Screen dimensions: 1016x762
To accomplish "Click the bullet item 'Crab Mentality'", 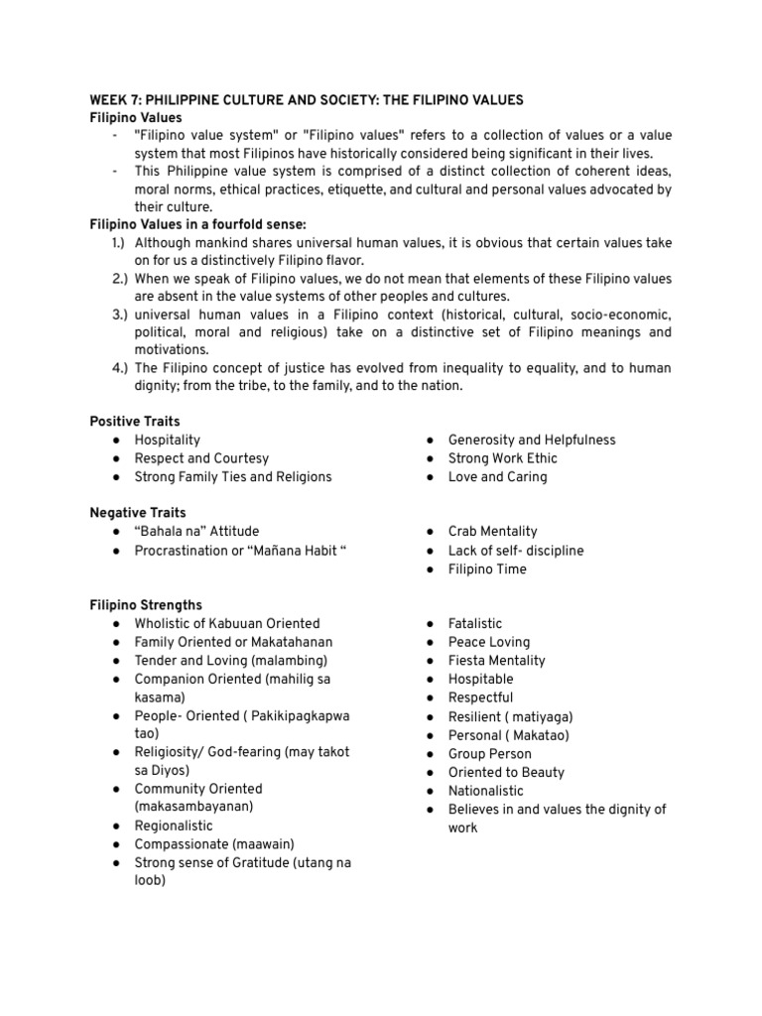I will [x=492, y=532].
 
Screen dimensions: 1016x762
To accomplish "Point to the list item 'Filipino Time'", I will [x=487, y=570].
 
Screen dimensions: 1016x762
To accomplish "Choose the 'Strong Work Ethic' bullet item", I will [x=502, y=458].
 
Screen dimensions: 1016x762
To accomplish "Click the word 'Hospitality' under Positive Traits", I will [x=167, y=440].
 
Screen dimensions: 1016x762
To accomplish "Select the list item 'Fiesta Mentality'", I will [x=496, y=661].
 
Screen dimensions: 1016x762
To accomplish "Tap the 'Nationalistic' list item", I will [x=485, y=791].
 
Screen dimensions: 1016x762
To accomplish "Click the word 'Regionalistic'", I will [x=174, y=825].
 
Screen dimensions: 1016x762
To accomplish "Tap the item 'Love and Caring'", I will [x=497, y=477].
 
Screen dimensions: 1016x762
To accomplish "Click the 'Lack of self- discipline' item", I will [x=516, y=551].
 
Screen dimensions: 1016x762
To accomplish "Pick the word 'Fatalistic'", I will [x=475, y=624].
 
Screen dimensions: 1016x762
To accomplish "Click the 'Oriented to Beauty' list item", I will [x=506, y=773].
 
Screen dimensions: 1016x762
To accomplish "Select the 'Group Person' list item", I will [x=490, y=754].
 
